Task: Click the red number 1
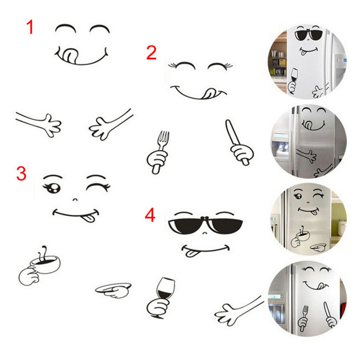[30, 27]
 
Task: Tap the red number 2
[151, 53]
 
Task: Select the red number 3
[21, 174]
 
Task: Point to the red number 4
[150, 215]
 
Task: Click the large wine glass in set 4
[165, 290]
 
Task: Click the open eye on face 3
[53, 187]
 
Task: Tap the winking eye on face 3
[98, 186]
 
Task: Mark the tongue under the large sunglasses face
[190, 253]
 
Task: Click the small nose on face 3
[75, 199]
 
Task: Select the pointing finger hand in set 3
[113, 290]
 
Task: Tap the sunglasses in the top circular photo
[308, 35]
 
